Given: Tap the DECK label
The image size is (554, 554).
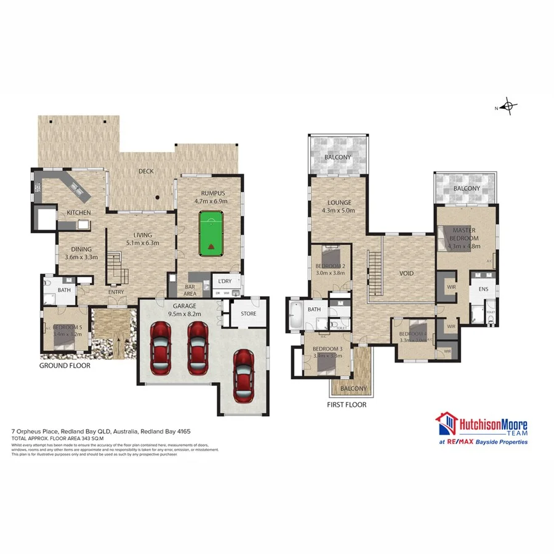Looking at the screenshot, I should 146,171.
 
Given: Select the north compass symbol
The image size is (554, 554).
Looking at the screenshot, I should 508,107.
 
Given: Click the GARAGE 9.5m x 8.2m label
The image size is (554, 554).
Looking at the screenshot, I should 184,309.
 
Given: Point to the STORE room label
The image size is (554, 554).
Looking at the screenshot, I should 248,314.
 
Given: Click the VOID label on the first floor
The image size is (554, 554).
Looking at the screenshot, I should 406,273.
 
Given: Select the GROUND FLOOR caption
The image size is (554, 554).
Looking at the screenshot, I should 65,366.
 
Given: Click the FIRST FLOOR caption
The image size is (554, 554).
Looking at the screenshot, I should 347,405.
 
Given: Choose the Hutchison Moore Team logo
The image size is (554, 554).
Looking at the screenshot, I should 482,428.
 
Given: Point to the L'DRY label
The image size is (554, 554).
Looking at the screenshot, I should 223,281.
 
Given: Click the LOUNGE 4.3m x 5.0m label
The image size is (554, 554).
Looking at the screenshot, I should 339,206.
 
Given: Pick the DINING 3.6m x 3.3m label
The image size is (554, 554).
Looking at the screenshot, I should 82,254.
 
